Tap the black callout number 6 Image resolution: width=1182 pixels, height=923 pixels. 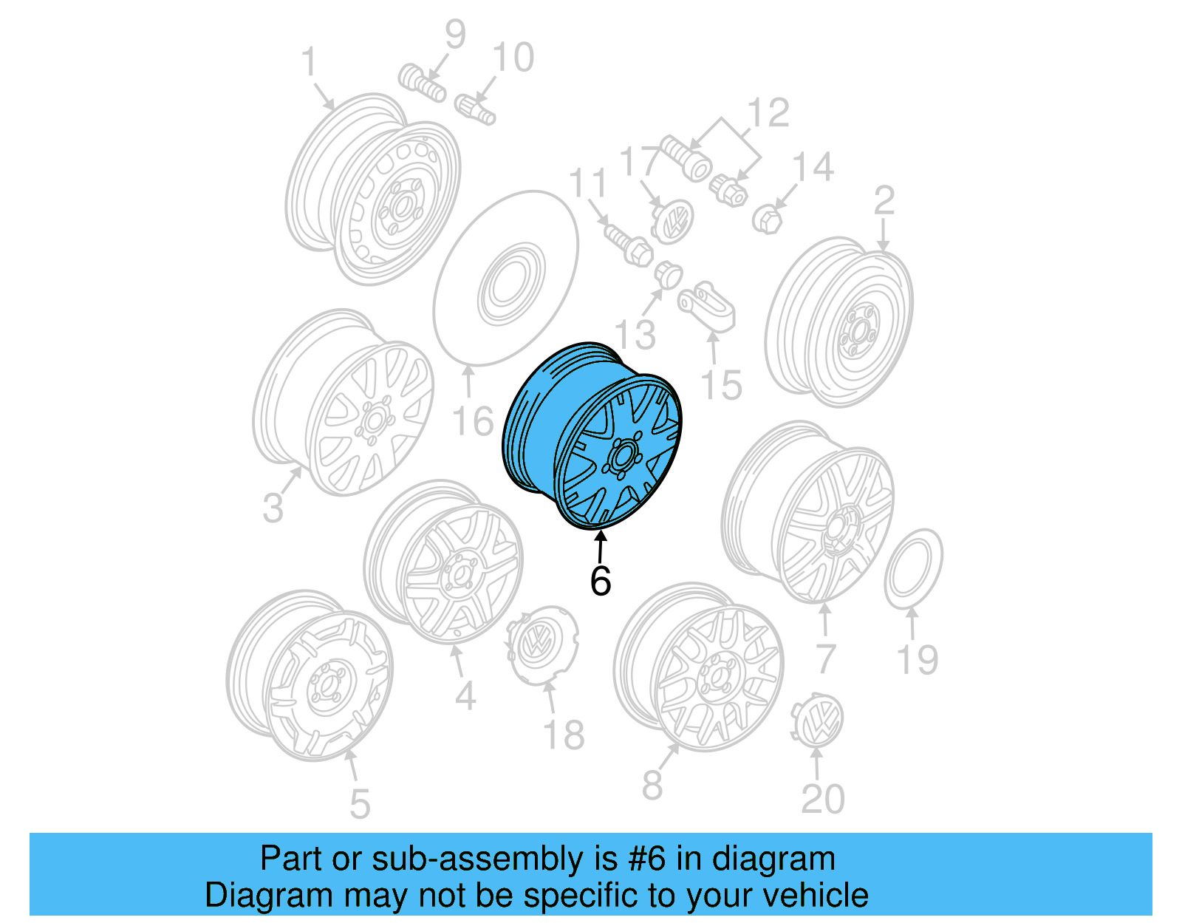(601, 581)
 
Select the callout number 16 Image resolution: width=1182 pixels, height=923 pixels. (472, 421)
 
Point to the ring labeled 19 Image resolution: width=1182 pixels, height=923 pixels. (913, 569)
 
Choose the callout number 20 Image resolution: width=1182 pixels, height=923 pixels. (823, 799)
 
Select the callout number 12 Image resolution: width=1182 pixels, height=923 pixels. (768, 113)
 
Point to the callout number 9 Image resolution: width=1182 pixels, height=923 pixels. (455, 35)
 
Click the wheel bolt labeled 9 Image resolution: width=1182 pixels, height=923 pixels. (422, 83)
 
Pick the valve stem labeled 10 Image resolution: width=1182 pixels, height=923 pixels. (474, 109)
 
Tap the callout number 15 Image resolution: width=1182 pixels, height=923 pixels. (721, 385)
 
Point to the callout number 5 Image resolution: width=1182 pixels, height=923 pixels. (359, 804)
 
